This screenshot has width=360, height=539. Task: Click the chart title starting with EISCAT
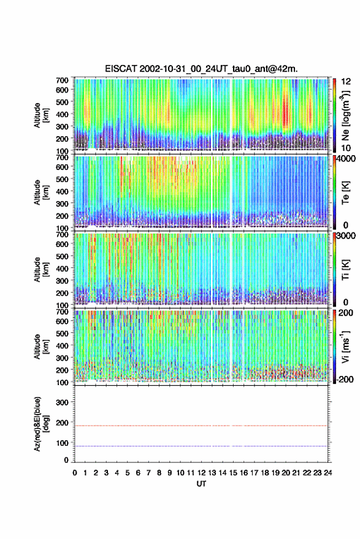[x=201, y=69]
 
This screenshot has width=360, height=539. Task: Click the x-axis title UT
[x=201, y=484]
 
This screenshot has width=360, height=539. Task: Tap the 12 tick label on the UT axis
[x=201, y=473]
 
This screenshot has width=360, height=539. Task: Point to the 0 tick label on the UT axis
[x=75, y=473]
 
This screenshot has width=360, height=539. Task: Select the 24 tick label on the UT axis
[x=327, y=473]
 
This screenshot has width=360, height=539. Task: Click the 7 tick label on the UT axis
[x=148, y=473]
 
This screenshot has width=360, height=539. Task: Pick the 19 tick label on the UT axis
[x=275, y=473]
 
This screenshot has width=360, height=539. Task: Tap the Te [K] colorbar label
[x=345, y=193]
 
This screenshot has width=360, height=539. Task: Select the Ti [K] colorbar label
[x=345, y=270]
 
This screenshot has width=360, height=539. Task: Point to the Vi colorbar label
[x=345, y=346]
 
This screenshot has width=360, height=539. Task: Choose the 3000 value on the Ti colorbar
[x=345, y=236]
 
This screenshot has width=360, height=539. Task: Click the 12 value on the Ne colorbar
[x=346, y=82]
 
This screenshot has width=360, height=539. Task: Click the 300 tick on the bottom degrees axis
[x=62, y=402]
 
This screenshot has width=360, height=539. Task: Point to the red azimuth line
[x=201, y=426]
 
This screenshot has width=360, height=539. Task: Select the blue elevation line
[x=201, y=446]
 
